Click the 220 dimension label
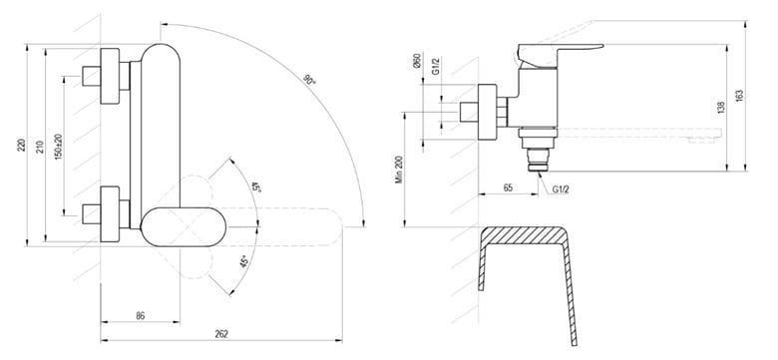[21, 146]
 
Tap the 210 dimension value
[40, 147]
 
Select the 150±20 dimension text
[59, 147]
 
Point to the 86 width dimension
[141, 316]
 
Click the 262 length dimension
[221, 334]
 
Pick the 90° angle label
[310, 80]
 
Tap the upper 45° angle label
[255, 186]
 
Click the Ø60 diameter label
[417, 61]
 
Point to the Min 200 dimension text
[399, 170]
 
